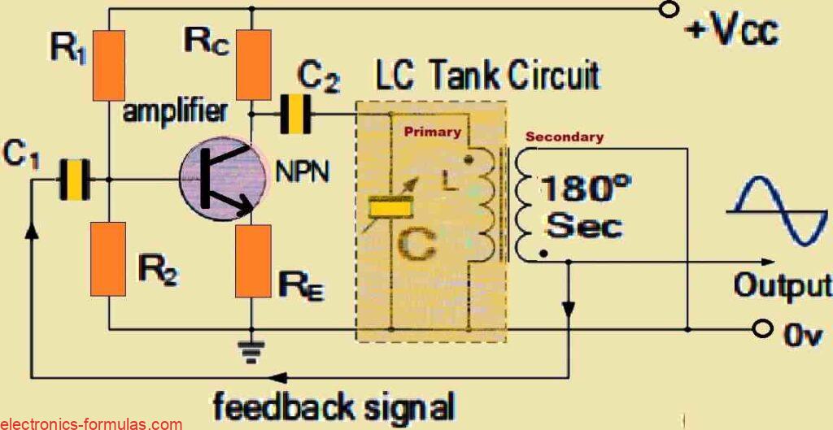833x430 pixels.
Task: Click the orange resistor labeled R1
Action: (109, 65)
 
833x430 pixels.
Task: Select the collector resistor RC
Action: (254, 64)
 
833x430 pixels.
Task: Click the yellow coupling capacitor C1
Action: (73, 180)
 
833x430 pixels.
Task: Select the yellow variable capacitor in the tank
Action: (391, 206)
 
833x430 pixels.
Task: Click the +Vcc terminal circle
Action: (669, 9)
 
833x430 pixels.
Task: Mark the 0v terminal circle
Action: (763, 328)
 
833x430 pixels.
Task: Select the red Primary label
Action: (433, 132)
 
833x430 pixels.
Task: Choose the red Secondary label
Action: (565, 137)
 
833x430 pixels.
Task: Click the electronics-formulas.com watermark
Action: (91, 424)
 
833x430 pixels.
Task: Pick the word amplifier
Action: (176, 112)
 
